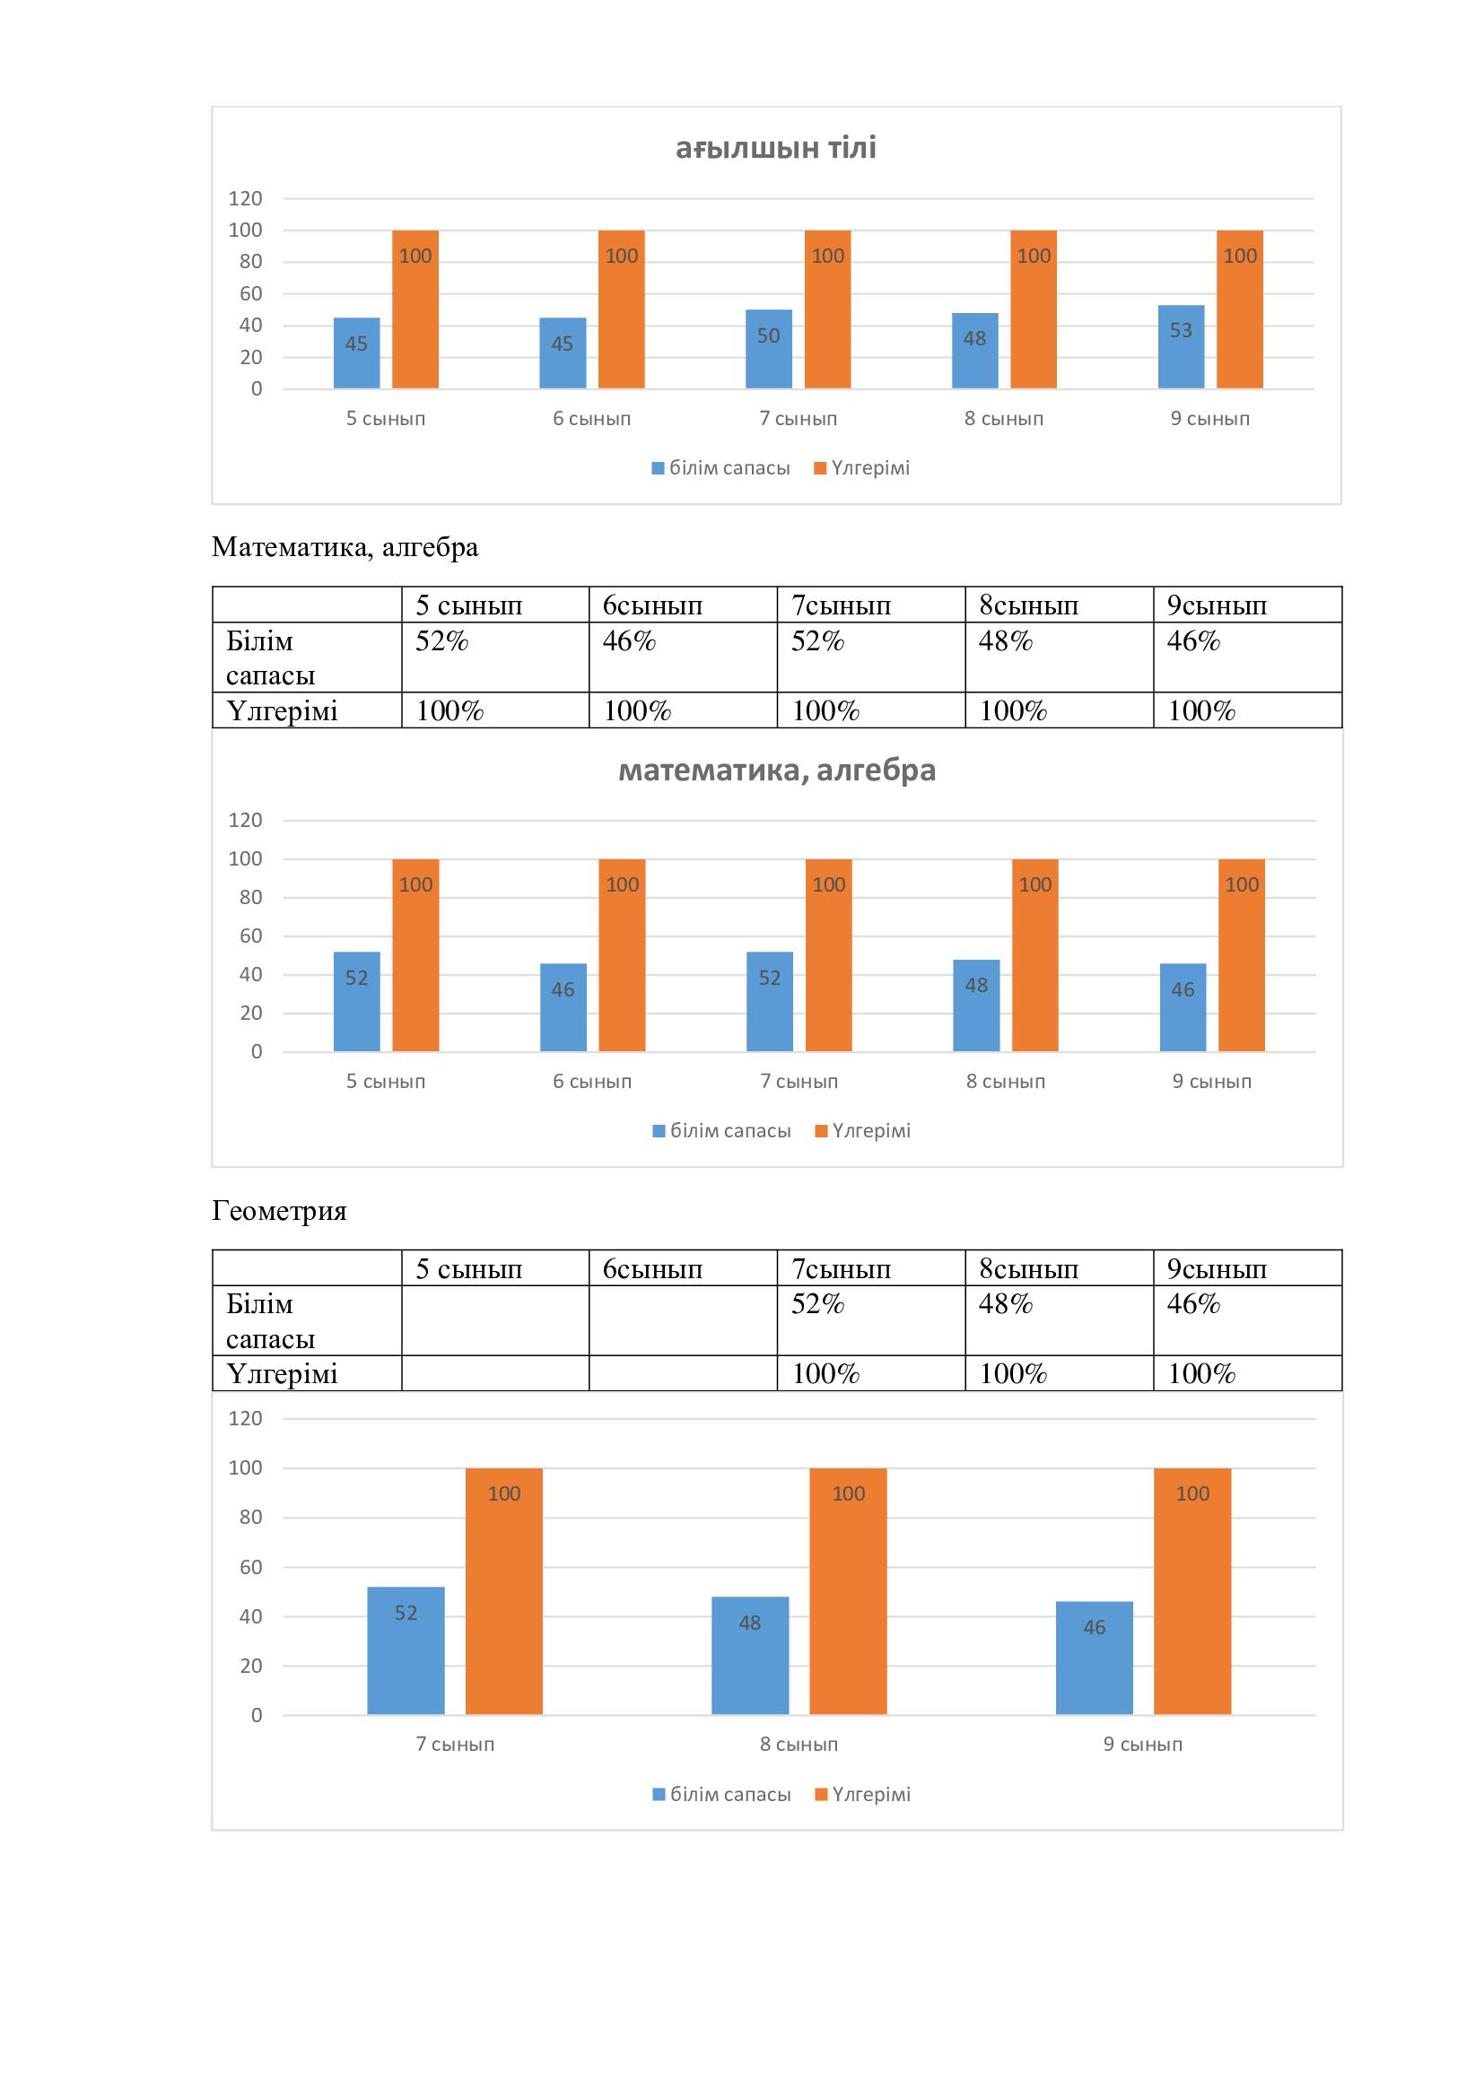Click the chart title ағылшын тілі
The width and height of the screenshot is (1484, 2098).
click(776, 148)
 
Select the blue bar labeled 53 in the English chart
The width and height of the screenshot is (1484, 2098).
click(1181, 347)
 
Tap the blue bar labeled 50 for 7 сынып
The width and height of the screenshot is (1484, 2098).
click(769, 349)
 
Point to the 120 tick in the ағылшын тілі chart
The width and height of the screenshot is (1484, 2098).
click(245, 198)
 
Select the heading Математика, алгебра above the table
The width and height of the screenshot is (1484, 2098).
click(345, 547)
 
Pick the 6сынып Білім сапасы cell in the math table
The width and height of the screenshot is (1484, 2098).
click(683, 656)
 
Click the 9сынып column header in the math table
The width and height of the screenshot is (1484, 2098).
click(1246, 605)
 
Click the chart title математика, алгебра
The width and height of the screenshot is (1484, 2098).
click(777, 770)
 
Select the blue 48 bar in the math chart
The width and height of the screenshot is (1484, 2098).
click(976, 1005)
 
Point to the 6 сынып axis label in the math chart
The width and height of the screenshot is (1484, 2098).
click(592, 1081)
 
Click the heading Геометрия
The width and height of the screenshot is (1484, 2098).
click(280, 1211)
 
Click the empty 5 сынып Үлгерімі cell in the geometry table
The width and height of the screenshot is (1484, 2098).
click(494, 1372)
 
